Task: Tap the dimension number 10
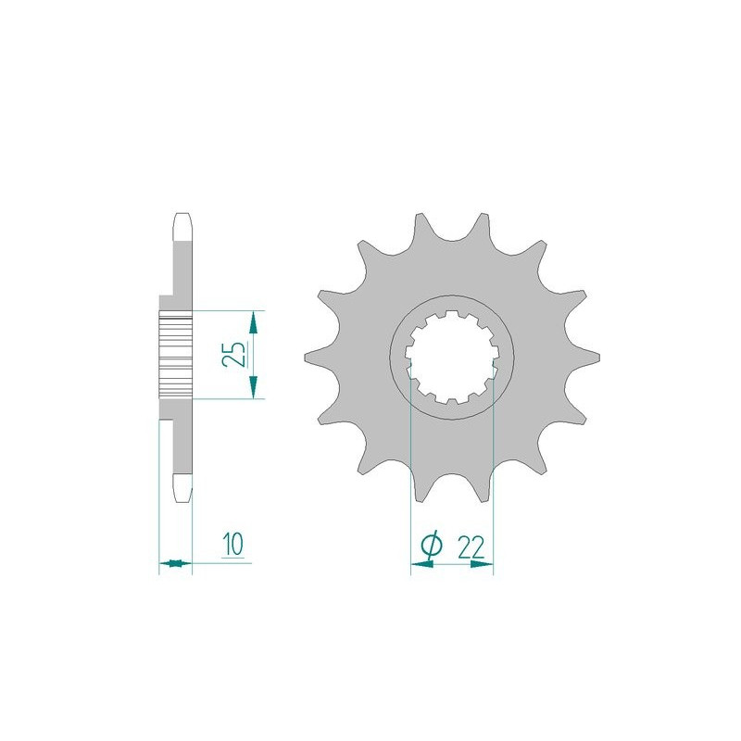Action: (233, 544)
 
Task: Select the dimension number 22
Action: (471, 548)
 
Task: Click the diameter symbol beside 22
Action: (431, 546)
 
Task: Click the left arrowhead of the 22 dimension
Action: (421, 563)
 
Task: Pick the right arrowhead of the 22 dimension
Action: (482, 563)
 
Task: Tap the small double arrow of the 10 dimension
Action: (175, 563)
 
